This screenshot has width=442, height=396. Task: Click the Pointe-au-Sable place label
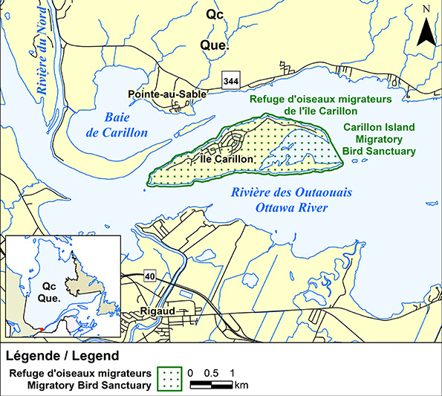pos(166,94)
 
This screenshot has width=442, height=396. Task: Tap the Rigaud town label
pos(157,311)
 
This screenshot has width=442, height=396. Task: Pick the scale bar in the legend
pos(212,385)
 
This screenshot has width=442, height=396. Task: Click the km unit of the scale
pos(241,385)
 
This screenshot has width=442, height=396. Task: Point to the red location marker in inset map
pos(42,328)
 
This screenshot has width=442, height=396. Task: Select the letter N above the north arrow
pos(426,9)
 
